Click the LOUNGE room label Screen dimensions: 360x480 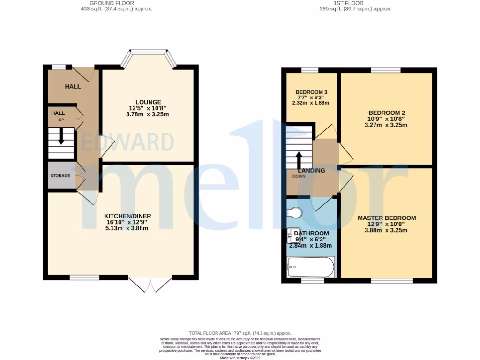pos(148,102)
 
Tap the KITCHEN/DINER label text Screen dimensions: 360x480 pos(127,216)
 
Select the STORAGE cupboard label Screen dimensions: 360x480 pos(60,176)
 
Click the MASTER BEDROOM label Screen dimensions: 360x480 pos(387,218)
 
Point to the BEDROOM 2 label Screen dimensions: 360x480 pos(386,112)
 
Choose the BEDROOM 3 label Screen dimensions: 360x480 pos(312,91)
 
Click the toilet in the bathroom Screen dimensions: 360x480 pos(294,213)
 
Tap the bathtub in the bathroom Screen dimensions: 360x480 pos(310,267)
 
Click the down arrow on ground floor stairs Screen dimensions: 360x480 pos(61,139)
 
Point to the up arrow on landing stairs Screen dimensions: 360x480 pos(299,160)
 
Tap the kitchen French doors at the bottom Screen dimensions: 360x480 pos(150,284)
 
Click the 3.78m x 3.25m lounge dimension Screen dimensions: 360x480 pos(148,114)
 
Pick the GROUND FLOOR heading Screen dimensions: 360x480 pos(116,3)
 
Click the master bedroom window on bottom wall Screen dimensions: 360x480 pos(392,281)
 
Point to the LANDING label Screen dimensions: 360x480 pos(312,170)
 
